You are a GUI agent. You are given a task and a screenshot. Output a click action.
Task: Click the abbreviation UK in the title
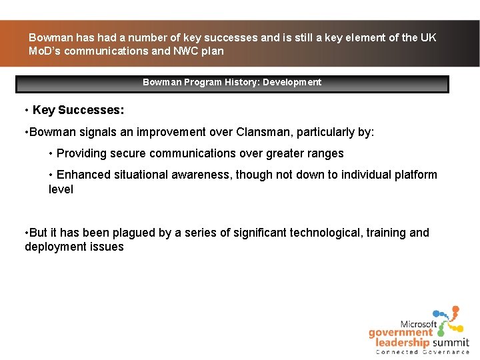(427, 37)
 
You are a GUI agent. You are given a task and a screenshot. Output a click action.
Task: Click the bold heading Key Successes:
(78, 110)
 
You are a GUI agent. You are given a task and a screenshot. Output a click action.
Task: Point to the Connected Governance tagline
(423, 352)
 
